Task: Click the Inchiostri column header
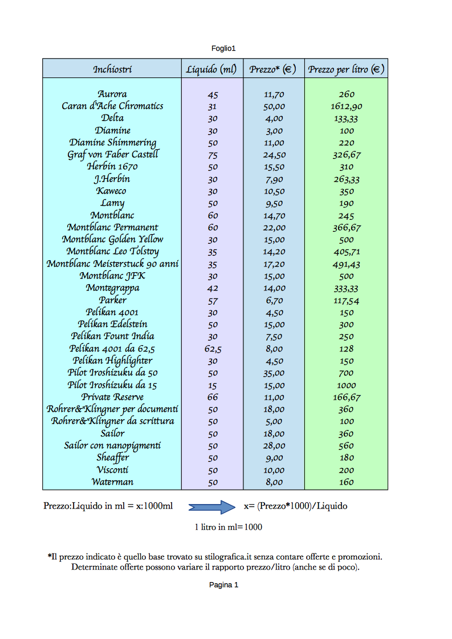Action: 112,69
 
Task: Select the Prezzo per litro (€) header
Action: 346,69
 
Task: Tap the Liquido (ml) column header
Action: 211,69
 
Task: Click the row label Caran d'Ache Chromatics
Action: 112,106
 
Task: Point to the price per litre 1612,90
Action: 346,106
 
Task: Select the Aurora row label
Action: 112,94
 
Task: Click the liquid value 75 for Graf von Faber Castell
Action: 213,155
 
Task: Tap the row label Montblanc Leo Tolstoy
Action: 112,252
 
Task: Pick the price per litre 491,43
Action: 346,264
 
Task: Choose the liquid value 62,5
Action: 213,349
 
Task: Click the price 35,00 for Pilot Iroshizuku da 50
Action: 274,374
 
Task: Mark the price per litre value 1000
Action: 346,386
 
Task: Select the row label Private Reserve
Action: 112,397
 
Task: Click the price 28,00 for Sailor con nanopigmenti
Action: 274,446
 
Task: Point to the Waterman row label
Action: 112,482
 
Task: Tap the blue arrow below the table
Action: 211,506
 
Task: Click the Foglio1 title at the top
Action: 223,48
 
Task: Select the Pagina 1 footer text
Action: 223,585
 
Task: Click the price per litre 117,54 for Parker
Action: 346,301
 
